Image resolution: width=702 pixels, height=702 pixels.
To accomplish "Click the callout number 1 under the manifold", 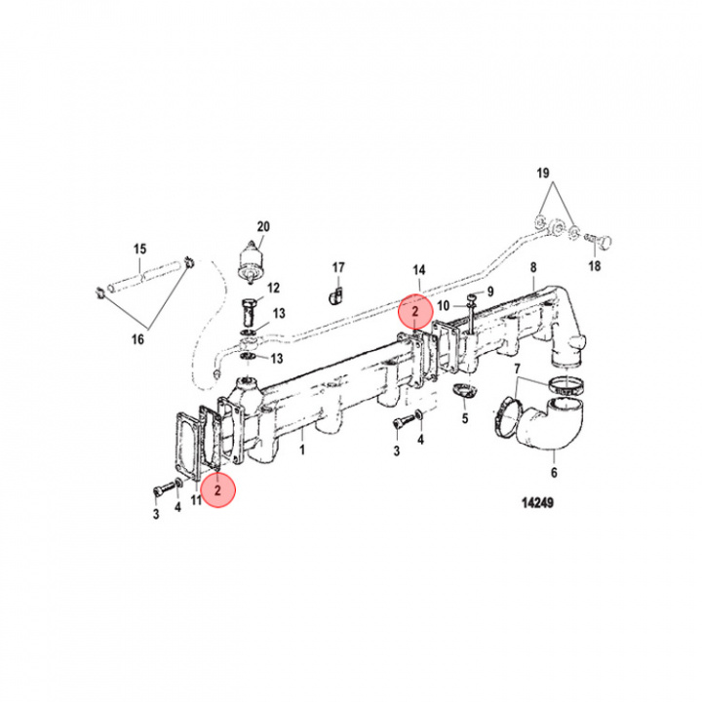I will click(x=301, y=450).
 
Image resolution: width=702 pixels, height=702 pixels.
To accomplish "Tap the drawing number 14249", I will click(x=538, y=506).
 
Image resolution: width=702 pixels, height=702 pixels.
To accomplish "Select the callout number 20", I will click(x=261, y=225).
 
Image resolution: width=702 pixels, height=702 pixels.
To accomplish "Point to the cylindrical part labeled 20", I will click(x=254, y=261).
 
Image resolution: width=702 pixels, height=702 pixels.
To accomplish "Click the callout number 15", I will click(x=138, y=249).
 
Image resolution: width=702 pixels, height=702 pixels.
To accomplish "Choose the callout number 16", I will click(x=137, y=338).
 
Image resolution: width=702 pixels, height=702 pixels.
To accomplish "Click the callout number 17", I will click(x=337, y=266).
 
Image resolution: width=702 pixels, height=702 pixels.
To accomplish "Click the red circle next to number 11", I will click(x=219, y=490).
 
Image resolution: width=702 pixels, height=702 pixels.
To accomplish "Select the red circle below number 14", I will click(x=415, y=312).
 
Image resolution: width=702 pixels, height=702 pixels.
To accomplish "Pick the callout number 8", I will click(x=532, y=266).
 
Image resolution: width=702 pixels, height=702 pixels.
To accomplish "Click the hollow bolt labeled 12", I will click(x=247, y=311).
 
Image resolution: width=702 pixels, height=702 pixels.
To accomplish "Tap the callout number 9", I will click(x=490, y=291).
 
